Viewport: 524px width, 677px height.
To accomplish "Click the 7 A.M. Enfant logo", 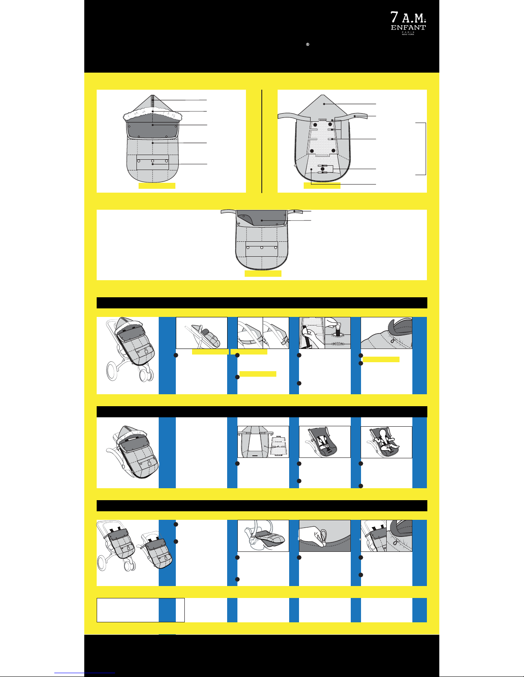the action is (x=408, y=23).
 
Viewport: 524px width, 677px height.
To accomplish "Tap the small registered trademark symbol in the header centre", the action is (x=308, y=44).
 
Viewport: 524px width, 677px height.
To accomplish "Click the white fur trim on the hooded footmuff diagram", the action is (x=153, y=115).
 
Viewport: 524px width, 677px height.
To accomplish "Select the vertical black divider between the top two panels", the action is (x=262, y=141).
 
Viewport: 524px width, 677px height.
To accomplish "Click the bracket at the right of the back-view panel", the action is (x=425, y=149).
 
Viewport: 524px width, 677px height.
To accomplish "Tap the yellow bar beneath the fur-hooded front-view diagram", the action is (x=157, y=186).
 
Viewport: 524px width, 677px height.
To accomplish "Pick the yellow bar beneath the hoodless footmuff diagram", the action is (x=263, y=273).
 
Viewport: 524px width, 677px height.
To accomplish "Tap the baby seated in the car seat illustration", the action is (x=384, y=441).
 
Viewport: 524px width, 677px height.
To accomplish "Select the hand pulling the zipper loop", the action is (x=312, y=536).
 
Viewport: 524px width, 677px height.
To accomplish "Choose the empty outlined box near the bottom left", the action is (x=141, y=610).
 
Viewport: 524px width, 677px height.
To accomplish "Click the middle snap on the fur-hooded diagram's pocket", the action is (x=153, y=161).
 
